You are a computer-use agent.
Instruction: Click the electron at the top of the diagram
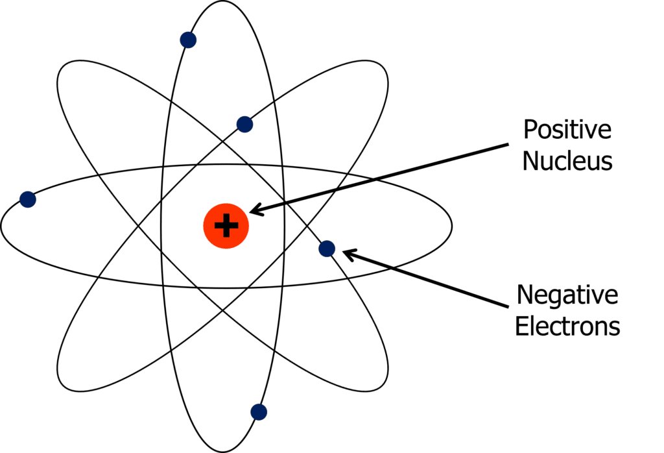(x=188, y=40)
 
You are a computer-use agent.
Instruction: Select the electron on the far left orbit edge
(x=27, y=199)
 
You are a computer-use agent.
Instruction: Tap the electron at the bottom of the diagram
(x=259, y=411)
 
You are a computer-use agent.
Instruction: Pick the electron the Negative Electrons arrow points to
(x=327, y=248)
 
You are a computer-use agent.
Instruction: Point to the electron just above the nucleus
(x=244, y=124)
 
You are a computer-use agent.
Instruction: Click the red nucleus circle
(x=226, y=226)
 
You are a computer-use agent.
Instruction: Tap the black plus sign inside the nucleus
(x=226, y=226)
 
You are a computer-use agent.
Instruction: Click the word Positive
(x=567, y=130)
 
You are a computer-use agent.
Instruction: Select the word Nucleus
(x=567, y=160)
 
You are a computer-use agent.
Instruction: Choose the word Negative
(x=567, y=296)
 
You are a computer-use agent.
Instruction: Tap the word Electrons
(x=567, y=326)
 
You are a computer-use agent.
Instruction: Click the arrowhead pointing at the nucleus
(x=256, y=209)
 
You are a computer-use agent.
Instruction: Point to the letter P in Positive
(x=530, y=130)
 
